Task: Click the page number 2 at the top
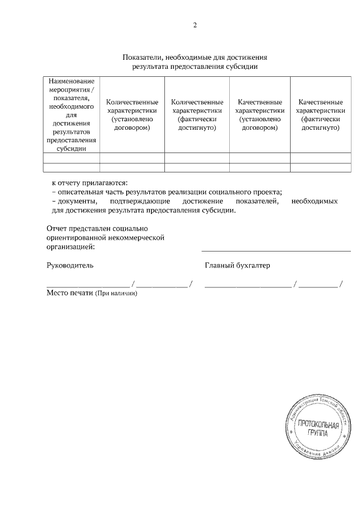point(195,25)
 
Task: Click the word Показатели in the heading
point(142,57)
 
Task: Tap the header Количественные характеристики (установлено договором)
point(132,115)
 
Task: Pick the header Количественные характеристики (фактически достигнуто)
point(197,115)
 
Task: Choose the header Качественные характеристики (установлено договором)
point(260,115)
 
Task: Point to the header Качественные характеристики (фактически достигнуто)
point(320,115)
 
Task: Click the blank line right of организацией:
point(276,249)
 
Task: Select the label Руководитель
point(69,265)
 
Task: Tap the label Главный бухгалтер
point(237,265)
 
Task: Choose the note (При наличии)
point(116,293)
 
